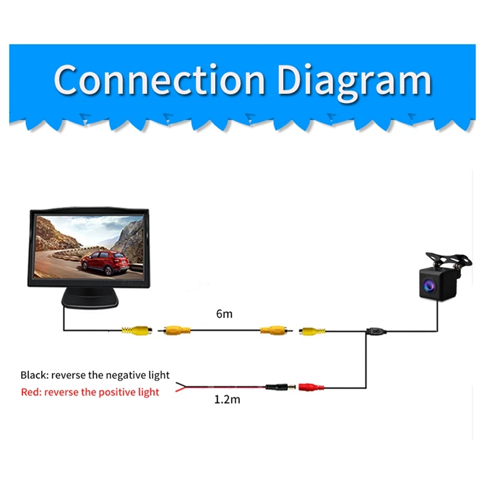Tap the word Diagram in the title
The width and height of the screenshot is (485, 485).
354,80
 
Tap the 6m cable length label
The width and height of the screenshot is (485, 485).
224,314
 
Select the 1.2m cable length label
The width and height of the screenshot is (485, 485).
227,401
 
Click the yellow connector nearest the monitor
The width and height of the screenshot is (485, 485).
136,330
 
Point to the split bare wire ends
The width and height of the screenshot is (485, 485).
180,389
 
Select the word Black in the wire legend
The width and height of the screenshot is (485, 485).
33,375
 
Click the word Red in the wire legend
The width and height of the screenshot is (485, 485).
29,392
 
